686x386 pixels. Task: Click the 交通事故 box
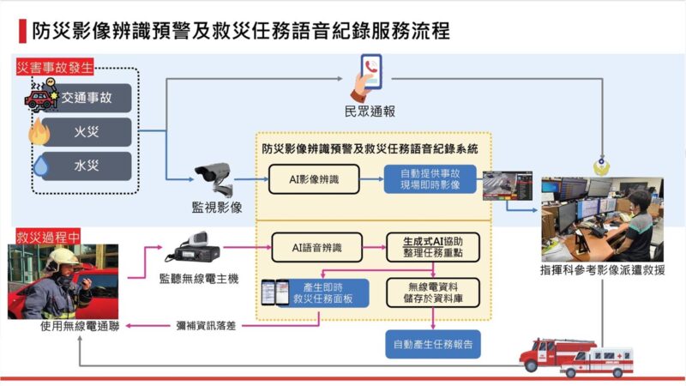click(87, 98)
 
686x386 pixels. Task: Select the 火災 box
click(87, 132)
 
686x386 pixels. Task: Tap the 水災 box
click(87, 166)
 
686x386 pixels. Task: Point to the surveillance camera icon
click(214, 178)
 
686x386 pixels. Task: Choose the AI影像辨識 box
click(314, 179)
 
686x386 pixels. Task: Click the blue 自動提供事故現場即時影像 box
click(430, 179)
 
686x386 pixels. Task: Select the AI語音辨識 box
click(316, 248)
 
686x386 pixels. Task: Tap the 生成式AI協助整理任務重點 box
click(433, 248)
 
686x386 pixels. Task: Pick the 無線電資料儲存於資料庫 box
click(433, 293)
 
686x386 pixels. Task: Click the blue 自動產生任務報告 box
click(433, 345)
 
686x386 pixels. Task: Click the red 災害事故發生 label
click(55, 68)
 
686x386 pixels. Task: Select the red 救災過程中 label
click(48, 237)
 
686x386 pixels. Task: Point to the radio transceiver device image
click(192, 248)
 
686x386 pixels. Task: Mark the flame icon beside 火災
click(39, 132)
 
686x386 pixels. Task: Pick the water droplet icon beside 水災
click(41, 166)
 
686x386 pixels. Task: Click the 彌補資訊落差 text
click(206, 326)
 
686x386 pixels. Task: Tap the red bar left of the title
click(22, 31)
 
